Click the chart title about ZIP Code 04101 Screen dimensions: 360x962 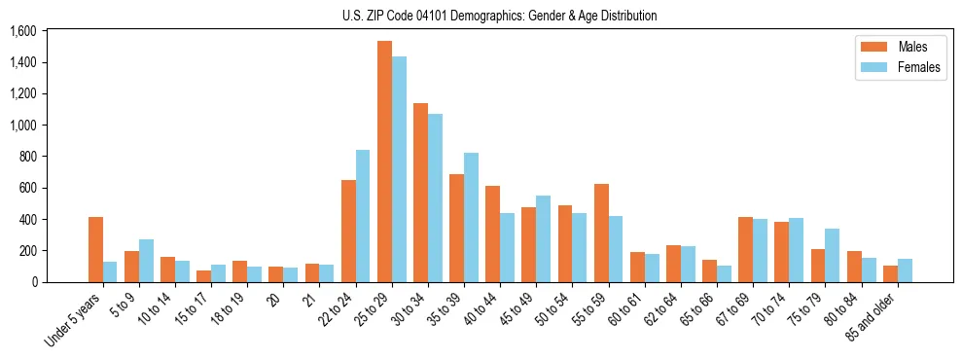click(500, 16)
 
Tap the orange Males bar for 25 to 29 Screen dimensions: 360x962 click(384, 162)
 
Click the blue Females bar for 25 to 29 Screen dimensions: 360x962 click(399, 169)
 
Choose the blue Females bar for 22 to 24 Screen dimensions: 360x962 click(363, 216)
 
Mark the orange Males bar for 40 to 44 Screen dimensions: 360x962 click(493, 234)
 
